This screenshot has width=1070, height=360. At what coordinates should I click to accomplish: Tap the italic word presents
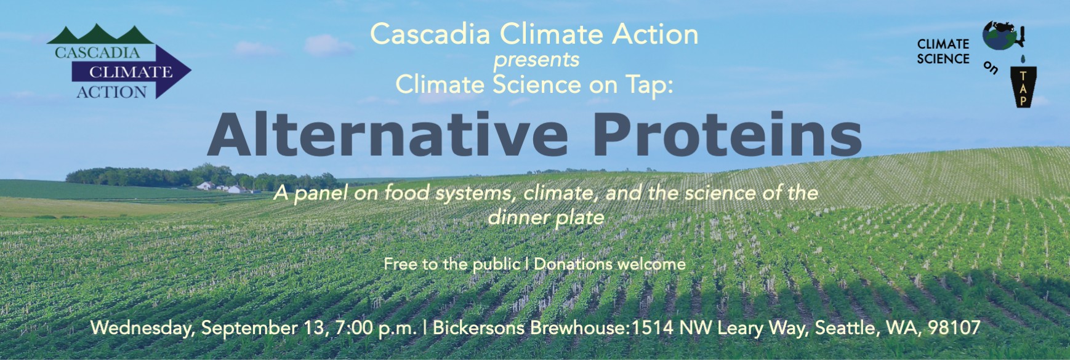[x=536, y=60]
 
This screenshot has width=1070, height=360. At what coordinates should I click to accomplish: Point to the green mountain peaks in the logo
[x=100, y=34]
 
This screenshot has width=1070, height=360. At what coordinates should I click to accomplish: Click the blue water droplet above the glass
[x=1023, y=59]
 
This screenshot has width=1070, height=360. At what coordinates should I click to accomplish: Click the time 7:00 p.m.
[x=376, y=328]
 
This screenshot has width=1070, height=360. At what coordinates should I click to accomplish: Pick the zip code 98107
[x=954, y=327]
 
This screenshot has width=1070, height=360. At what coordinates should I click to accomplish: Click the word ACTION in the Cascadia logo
[x=112, y=92]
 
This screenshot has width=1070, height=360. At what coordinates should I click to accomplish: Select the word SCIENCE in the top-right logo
[x=943, y=59]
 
